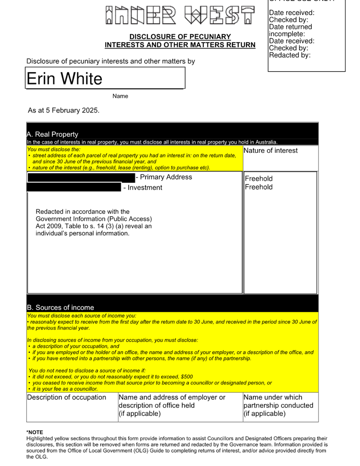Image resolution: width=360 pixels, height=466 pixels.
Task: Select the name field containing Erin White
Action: (105, 78)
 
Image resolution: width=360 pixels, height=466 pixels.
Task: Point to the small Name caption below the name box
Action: (120, 96)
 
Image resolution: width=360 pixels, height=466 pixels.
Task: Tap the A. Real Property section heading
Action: (52, 135)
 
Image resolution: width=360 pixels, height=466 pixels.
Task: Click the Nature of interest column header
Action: (270, 151)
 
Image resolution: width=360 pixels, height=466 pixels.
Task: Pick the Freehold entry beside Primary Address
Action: (259, 178)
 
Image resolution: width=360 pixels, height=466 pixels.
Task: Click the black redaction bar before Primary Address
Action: (81, 177)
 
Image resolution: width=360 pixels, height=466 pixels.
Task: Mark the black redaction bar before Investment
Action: (74, 187)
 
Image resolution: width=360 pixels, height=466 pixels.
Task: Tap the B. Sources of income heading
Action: (60, 308)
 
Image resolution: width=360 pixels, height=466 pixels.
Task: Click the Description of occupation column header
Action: (67, 398)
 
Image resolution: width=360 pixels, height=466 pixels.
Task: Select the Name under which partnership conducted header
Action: (278, 405)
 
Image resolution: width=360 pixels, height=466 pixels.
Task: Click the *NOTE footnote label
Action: (35, 432)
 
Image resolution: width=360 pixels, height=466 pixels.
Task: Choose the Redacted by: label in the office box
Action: (289, 55)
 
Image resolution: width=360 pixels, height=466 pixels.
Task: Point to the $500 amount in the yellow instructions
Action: (187, 377)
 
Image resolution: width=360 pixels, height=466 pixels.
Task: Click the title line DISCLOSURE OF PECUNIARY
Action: (180, 36)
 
